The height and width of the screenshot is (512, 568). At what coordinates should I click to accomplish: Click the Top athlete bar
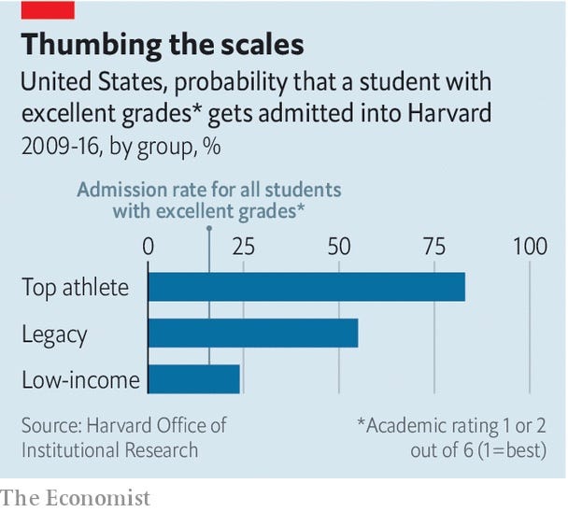click(306, 287)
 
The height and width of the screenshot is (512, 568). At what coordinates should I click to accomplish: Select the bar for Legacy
click(253, 333)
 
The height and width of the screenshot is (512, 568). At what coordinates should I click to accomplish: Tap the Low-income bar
click(194, 378)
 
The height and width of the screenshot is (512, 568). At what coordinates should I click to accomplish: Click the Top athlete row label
click(76, 287)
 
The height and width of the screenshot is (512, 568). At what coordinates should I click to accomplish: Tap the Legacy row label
click(54, 334)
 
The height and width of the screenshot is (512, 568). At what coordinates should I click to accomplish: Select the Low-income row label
click(81, 379)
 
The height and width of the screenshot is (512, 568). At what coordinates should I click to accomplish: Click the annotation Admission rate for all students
click(208, 190)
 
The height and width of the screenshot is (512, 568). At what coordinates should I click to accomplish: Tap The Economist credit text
click(76, 497)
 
